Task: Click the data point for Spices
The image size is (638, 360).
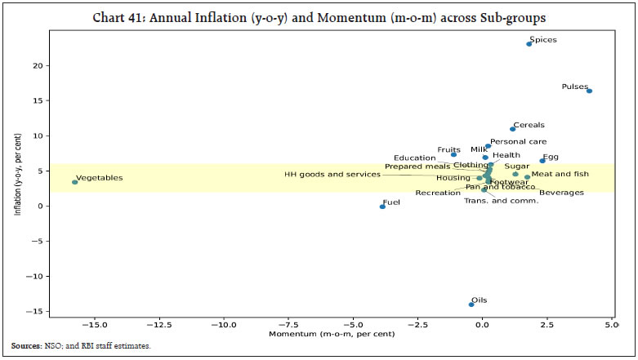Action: pos(529,44)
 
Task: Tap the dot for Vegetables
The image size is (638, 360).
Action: pos(74,182)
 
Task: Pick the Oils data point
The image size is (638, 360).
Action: pos(471,304)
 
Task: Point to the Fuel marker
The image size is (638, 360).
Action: pos(382,207)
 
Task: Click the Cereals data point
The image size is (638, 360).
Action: pos(513,129)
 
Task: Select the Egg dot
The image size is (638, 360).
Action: pos(542,161)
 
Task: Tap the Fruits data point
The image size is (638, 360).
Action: pos(454,154)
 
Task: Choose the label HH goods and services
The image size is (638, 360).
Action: pos(332,174)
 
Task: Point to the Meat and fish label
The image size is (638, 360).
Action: pos(560,174)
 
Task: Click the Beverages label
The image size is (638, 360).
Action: pos(561,193)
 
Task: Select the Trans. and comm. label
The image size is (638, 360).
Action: pos(502,201)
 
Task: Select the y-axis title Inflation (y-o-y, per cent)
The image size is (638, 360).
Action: pos(17,177)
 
